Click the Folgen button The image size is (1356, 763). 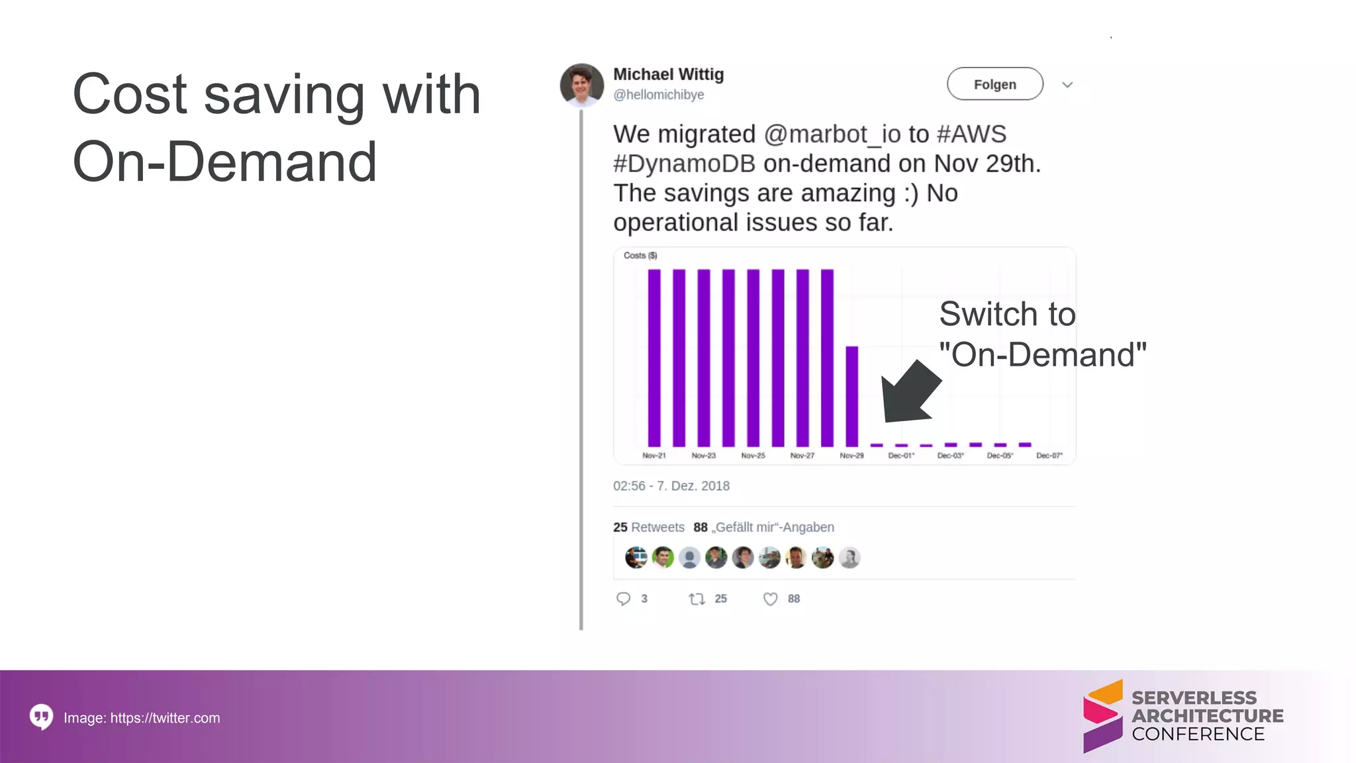pos(994,84)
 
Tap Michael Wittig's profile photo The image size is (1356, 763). pos(581,85)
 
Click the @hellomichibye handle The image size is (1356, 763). pos(658,95)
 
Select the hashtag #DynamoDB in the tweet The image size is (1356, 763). pos(684,164)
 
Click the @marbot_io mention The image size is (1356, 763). pos(832,134)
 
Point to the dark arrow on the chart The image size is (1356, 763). pos(910,394)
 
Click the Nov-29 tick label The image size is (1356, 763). pos(851,456)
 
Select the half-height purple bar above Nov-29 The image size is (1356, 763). pos(852,396)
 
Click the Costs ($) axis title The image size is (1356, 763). pos(640,256)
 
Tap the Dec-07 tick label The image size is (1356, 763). pos(1049,456)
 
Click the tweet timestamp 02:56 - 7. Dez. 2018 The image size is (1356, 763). pos(671,486)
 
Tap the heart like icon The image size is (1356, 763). pos(770,599)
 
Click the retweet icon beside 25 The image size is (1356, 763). pos(697,599)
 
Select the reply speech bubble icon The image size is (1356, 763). pos(623,599)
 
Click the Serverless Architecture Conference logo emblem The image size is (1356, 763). pos(1102,717)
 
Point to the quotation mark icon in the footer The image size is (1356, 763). pos(41,717)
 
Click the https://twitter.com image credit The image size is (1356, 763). pos(165,718)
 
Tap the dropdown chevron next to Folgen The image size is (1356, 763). pos(1067,85)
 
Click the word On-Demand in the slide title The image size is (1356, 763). pos(224,162)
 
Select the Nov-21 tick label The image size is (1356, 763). pos(654,456)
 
